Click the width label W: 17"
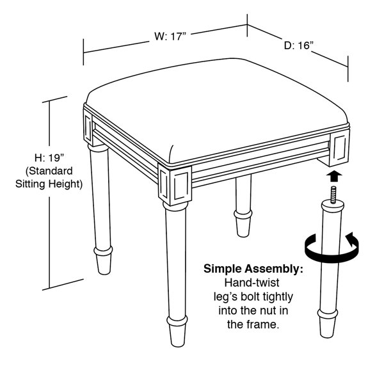coord(170,37)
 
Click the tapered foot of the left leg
coord(103,259)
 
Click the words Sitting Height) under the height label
coord(51,185)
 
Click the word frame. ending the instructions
coord(259,325)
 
